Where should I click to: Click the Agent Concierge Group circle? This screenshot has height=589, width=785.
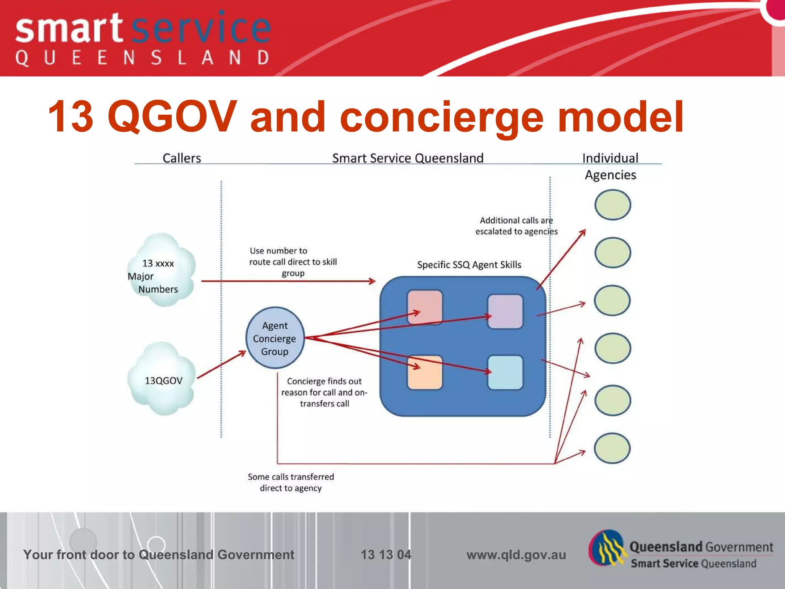[275, 338]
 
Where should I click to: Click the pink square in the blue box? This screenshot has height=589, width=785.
[425, 307]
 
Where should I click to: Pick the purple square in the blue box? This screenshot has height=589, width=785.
[505, 311]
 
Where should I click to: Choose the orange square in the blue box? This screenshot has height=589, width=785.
[425, 372]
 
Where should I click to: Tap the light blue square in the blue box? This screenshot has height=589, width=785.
[505, 372]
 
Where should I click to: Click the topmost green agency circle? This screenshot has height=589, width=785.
[613, 205]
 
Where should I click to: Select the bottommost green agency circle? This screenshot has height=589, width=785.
[612, 448]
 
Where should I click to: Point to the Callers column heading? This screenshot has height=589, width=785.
[182, 158]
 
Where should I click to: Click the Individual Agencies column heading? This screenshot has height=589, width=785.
[610, 166]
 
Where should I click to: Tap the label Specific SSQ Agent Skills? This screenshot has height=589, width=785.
[469, 265]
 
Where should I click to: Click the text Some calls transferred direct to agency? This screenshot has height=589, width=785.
[291, 482]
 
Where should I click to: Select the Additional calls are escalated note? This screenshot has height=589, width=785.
[516, 226]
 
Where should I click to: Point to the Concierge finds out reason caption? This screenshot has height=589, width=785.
[324, 392]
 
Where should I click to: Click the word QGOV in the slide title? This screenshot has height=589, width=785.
[172, 117]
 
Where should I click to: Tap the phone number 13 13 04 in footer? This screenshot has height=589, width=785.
[386, 554]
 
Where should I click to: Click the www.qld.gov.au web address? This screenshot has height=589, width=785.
[516, 554]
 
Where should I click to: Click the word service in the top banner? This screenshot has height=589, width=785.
[202, 29]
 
